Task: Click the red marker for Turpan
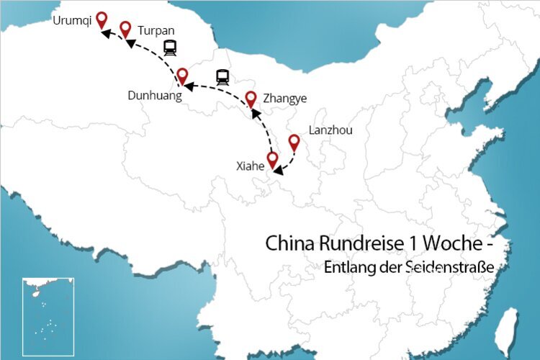click(125, 28)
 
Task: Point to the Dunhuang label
click(154, 95)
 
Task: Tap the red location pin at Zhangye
click(251, 98)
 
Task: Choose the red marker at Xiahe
click(272, 158)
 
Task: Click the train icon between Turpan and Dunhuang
click(170, 48)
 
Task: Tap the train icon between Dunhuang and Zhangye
click(222, 77)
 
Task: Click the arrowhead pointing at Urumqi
click(104, 33)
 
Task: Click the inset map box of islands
click(48, 316)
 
